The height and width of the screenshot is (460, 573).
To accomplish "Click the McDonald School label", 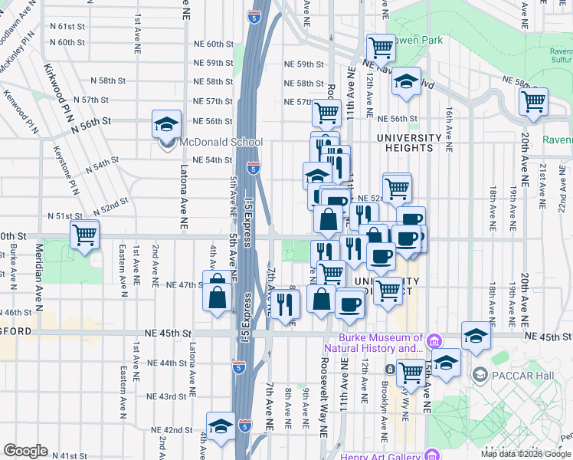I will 221,142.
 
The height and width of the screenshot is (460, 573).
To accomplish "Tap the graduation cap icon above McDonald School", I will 165,123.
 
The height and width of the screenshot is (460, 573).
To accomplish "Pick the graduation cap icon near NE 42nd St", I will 221,426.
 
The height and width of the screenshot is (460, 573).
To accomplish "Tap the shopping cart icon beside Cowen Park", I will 381,48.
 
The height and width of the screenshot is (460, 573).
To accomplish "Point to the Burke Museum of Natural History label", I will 381,343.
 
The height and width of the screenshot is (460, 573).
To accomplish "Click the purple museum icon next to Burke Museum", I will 434,340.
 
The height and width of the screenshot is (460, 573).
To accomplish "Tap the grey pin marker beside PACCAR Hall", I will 480,375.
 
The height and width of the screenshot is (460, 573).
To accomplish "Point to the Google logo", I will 25,451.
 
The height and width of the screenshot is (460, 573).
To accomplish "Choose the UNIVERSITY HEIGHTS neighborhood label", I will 407,143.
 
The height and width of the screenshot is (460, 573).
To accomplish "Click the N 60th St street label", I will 66,42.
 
